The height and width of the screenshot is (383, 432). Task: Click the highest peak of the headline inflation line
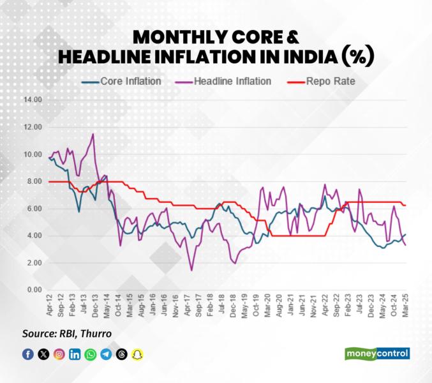94,134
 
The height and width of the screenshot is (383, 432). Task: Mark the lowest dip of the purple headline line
191,270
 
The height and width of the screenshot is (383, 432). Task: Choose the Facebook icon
28,354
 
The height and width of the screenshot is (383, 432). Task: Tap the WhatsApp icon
90,354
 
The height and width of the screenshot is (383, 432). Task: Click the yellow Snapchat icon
136,354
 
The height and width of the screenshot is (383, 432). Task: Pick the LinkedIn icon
75,354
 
